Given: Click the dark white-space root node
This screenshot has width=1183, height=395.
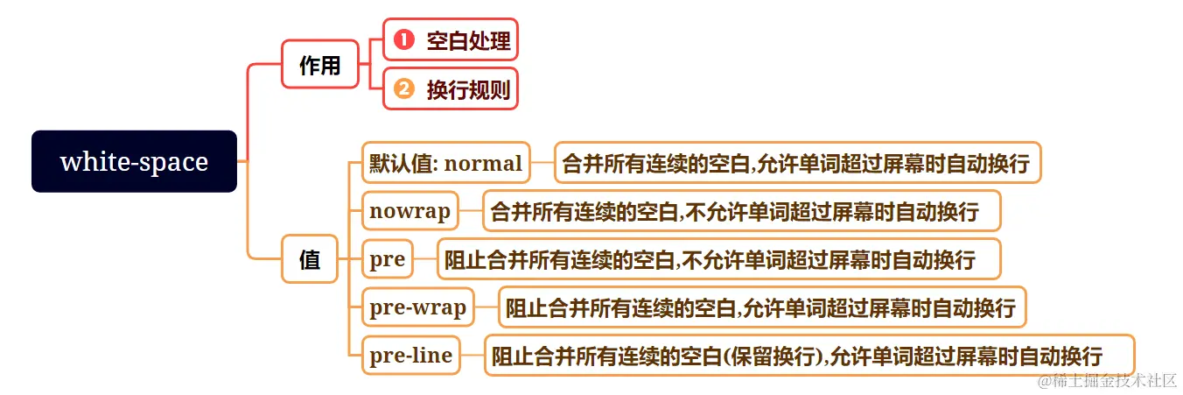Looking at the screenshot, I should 134,162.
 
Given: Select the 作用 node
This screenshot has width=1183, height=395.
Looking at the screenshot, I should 319,64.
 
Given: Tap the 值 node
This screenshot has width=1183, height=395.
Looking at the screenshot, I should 310,259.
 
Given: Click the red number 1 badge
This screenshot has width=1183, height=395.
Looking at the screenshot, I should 402,39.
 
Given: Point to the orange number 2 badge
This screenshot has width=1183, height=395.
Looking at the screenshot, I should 402,88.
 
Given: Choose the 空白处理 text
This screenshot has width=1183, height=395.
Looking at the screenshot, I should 467,39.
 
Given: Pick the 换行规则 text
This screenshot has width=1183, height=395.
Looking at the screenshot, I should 467,88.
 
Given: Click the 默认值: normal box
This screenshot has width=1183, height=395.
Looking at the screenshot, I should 445,163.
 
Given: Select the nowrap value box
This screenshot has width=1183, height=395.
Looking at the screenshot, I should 409,211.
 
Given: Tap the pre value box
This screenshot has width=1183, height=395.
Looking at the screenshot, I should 387,259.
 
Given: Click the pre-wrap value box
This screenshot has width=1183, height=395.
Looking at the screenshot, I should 417,307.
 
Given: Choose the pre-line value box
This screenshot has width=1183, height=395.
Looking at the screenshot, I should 410,356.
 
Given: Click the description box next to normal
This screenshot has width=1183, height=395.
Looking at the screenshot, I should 797,163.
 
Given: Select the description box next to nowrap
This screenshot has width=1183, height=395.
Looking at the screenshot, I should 742,211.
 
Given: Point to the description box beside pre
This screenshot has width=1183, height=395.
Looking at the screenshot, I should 717,259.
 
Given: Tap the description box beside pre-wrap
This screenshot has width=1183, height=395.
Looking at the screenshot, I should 760,307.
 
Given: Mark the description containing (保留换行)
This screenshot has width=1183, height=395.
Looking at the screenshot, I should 809,356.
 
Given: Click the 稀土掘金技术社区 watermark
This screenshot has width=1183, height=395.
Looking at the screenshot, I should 1107,381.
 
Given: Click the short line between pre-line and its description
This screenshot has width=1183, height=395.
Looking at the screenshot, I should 472,356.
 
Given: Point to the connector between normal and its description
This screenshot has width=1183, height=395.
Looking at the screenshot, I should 542,163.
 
